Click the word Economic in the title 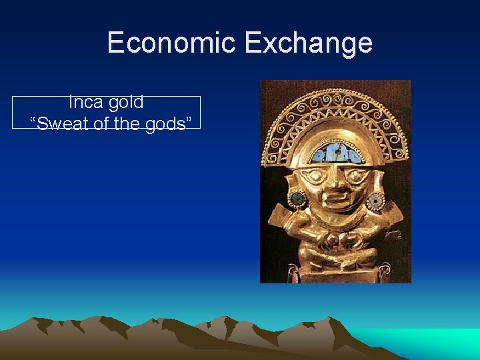click(171, 43)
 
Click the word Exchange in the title click(308, 43)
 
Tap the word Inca click(85, 102)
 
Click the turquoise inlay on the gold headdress click(336, 154)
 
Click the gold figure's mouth click(336, 199)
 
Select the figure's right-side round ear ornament click(377, 199)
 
